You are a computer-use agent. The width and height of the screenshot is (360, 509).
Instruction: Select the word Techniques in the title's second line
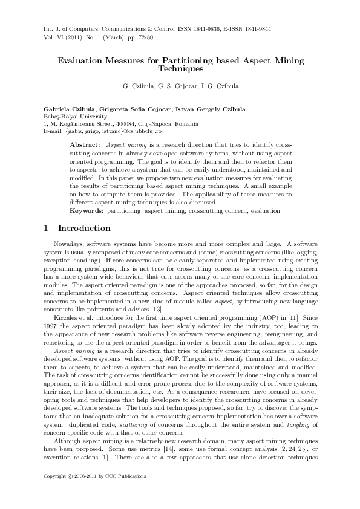click(180, 70)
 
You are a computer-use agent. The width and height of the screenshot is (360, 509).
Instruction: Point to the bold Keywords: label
click(87, 212)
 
